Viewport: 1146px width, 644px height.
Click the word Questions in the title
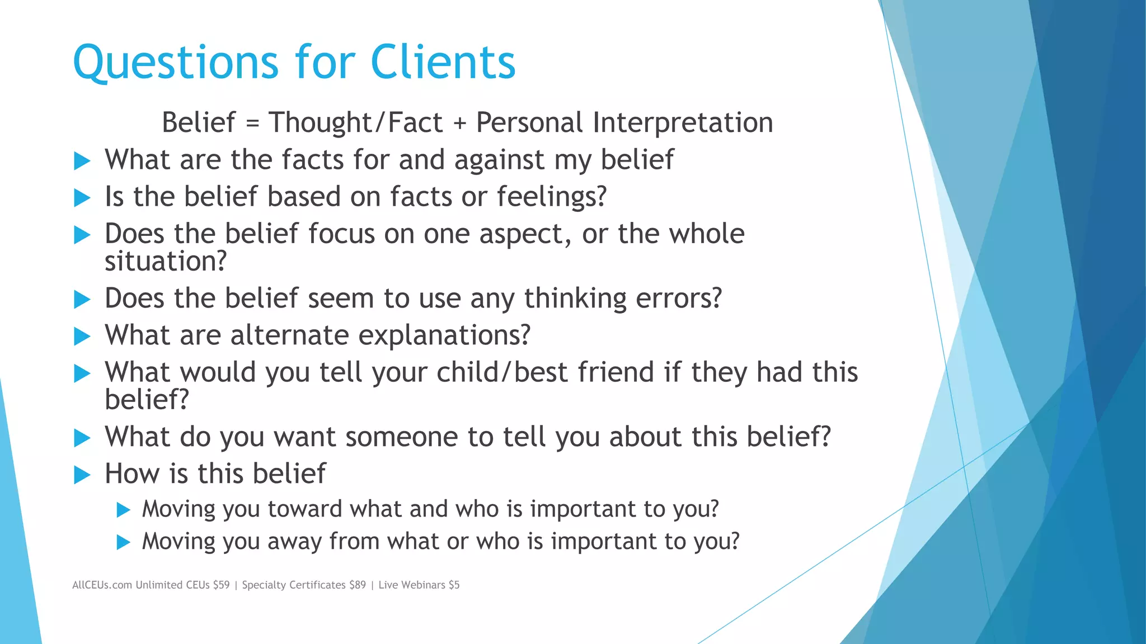(x=175, y=63)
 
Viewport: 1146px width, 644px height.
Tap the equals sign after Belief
(x=252, y=123)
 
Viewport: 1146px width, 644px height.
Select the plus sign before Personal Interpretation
(x=459, y=123)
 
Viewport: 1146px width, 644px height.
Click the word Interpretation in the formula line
(x=683, y=123)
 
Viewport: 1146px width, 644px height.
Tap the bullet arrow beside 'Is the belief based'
(x=82, y=198)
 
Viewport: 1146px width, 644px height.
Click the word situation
(x=166, y=261)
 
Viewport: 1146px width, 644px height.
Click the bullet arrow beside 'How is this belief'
(x=82, y=475)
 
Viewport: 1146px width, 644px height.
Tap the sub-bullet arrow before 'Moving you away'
(x=123, y=542)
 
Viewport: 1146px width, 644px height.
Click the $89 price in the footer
(x=357, y=585)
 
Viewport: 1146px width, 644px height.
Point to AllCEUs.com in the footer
(x=102, y=585)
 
